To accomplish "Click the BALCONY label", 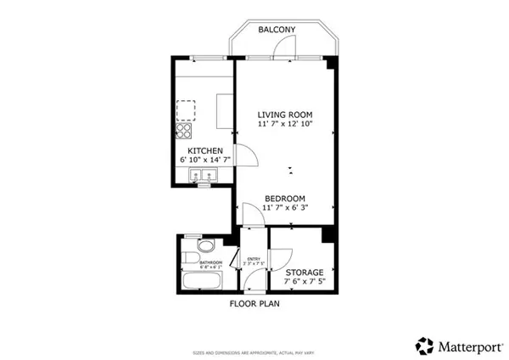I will click(277, 30).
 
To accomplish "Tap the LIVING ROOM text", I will click(285, 114).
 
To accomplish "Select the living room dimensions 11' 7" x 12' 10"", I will click(285, 124).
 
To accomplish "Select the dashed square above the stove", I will click(185, 110).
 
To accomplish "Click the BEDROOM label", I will click(284, 198).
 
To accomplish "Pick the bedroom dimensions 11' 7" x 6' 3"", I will click(284, 207).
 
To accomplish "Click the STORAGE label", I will click(299, 273).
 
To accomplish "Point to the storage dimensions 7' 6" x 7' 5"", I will click(299, 282).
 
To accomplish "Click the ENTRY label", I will click(252, 259).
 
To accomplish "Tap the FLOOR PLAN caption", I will click(255, 302).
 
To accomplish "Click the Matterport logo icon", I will click(424, 345).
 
